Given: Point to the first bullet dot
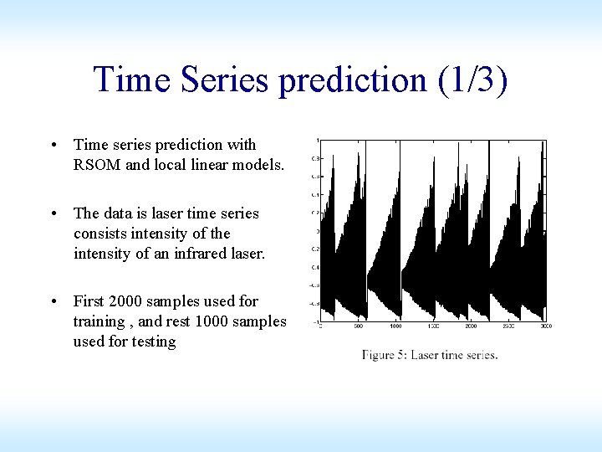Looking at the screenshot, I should pyautogui.click(x=54, y=145).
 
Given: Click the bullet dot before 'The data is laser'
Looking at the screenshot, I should pyautogui.click(x=54, y=213).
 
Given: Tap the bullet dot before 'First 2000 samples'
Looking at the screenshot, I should pyautogui.click(x=54, y=301).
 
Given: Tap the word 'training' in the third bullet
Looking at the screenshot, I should pyautogui.click(x=99, y=321).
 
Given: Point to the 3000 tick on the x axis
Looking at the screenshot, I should pyautogui.click(x=546, y=326).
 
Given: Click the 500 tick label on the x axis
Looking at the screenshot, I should pyautogui.click(x=360, y=326).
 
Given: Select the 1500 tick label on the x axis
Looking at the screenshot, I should pyautogui.click(x=433, y=326).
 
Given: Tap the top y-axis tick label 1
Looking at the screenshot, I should pyautogui.click(x=316, y=140).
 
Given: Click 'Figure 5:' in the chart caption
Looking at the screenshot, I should pyautogui.click(x=384, y=355).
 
